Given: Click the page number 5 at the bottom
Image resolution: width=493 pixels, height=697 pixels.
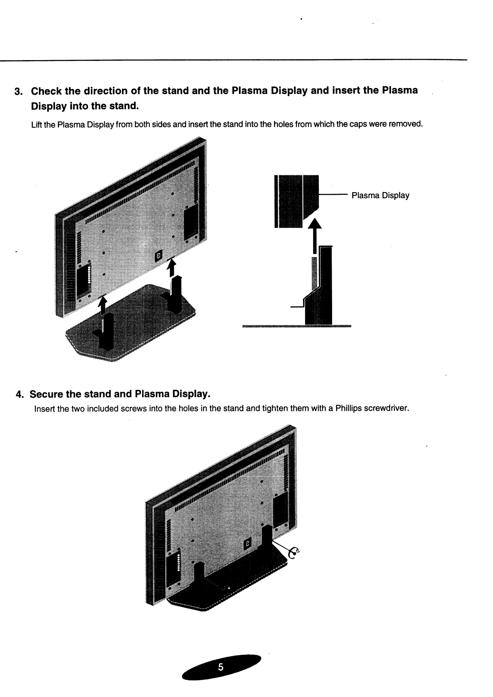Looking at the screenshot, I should [221, 667].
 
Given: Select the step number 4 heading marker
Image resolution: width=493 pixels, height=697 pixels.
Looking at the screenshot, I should [19, 395].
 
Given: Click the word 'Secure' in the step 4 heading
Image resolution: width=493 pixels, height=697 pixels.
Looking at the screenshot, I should [46, 394].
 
